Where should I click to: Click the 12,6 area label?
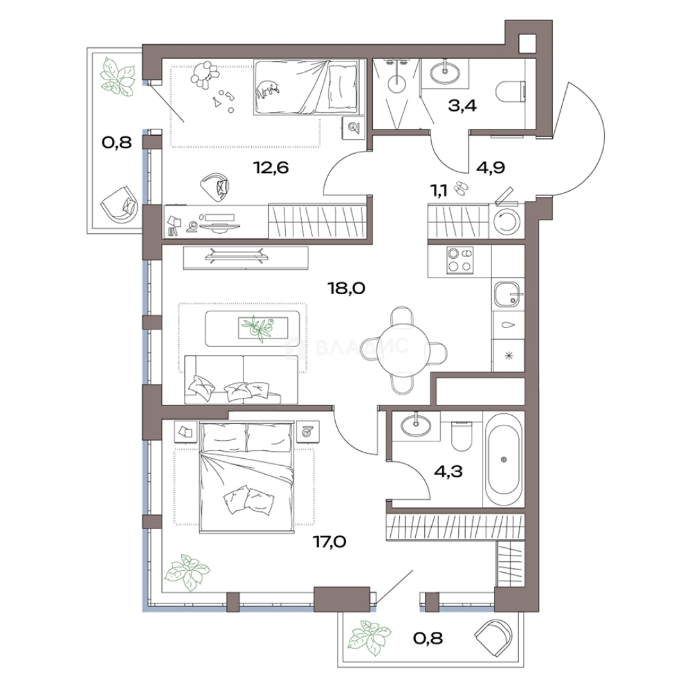[x=270, y=168]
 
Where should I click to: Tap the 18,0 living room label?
[x=347, y=288]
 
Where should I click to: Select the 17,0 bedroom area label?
[x=329, y=541]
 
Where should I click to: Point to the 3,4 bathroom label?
[x=462, y=106]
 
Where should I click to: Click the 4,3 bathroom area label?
[x=449, y=472]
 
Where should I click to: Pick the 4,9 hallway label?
[x=491, y=168]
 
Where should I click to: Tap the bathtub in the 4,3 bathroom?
[x=504, y=459]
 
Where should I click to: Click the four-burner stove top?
[x=460, y=260]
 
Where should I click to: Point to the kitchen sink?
[x=508, y=293]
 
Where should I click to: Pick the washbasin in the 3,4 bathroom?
[x=445, y=72]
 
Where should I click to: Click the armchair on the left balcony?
[x=120, y=205]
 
